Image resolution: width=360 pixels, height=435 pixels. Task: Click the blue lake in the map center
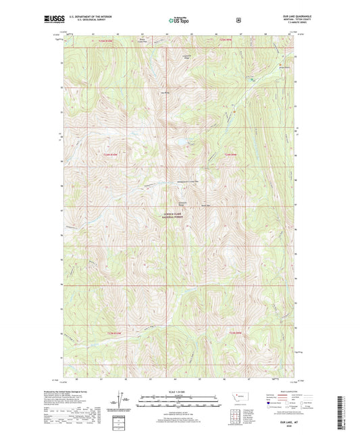click(x=181, y=143)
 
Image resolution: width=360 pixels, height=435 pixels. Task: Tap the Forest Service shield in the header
click(x=238, y=20)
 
